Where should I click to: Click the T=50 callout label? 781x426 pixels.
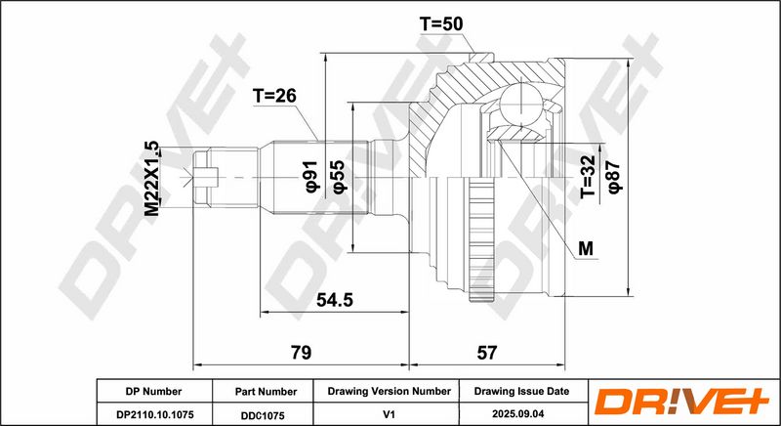[x=441, y=23]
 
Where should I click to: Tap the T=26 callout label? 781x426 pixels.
[x=274, y=95]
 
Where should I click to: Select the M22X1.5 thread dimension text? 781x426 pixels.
[x=152, y=179]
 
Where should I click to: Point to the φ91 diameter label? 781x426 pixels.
[x=310, y=178]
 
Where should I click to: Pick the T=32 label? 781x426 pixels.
[x=589, y=177]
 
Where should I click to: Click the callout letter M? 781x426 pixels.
[x=587, y=248]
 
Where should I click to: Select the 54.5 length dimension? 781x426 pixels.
[x=335, y=300]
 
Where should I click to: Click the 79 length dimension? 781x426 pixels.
[x=302, y=353]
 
